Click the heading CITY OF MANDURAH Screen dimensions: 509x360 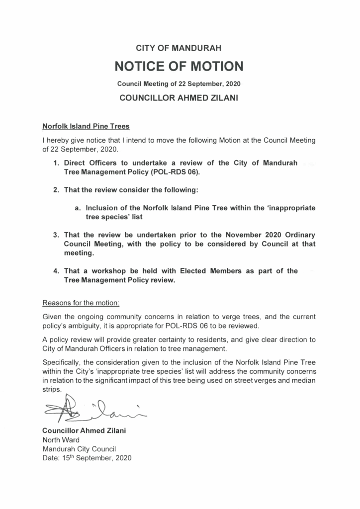180,48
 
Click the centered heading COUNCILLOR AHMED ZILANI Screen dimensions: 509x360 180,98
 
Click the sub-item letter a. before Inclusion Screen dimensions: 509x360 78,208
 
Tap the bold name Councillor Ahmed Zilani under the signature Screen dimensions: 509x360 85,430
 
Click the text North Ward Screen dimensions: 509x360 60,439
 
